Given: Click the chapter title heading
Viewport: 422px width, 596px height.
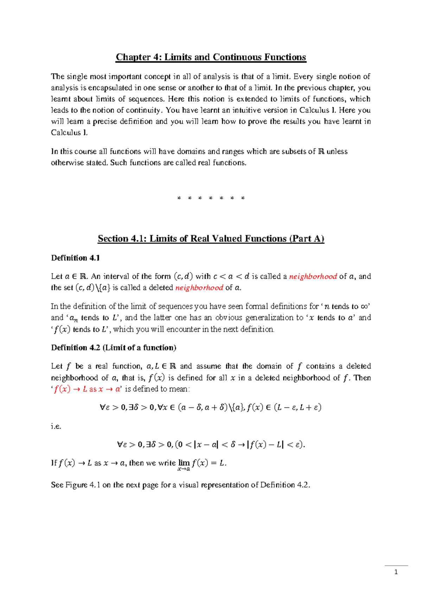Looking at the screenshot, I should tap(211, 57).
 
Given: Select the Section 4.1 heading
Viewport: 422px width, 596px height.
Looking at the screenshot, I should tap(211, 239).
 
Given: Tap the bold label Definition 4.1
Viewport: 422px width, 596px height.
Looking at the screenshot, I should tap(75, 258).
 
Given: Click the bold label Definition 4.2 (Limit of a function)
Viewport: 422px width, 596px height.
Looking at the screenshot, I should tap(114, 348).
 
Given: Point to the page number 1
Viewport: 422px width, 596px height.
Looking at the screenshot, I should tap(396, 572).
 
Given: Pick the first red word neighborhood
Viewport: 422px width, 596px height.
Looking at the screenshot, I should tap(313, 277).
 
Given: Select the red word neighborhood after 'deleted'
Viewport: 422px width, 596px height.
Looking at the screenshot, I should tap(199, 288).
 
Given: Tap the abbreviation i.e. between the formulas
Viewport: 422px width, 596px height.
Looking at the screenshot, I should tap(56, 426).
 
